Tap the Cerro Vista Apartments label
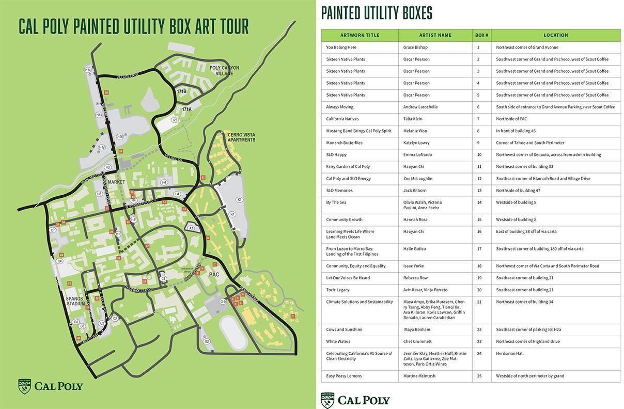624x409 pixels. pyautogui.click(x=241, y=137)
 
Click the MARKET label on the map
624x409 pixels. pyautogui.click(x=117, y=182)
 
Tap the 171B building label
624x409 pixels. pyautogui.click(x=181, y=91)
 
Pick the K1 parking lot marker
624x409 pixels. pyautogui.click(x=239, y=199)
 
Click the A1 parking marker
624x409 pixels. pyautogui.click(x=191, y=228)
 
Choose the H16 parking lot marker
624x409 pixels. pyautogui.click(x=120, y=137)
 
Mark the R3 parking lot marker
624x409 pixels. pyautogui.click(x=175, y=120)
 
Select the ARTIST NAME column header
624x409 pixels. pyautogui.click(x=435, y=35)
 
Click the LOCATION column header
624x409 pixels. pyautogui.click(x=556, y=35)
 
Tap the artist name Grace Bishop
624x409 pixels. pyautogui.click(x=415, y=48)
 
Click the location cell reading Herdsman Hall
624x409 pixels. pyautogui.click(x=509, y=353)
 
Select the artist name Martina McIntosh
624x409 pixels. pyautogui.click(x=419, y=376)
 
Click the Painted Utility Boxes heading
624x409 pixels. pyautogui.click(x=377, y=13)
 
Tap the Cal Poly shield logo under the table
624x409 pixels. pyautogui.click(x=327, y=400)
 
